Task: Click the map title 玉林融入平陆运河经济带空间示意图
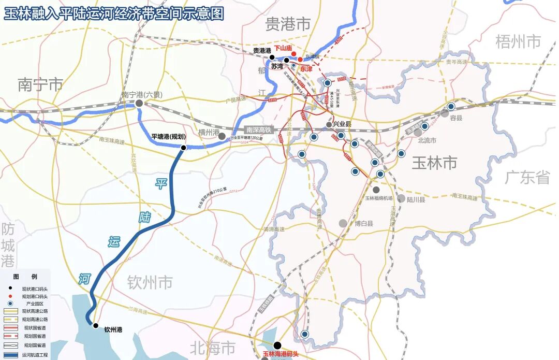(114, 13)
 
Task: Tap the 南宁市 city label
(40, 84)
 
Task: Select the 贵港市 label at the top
(288, 23)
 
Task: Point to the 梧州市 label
(518, 41)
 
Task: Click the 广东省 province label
(527, 177)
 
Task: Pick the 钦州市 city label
(150, 282)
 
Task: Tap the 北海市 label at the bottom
(213, 348)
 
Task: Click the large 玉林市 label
(434, 163)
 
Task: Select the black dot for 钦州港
(95, 325)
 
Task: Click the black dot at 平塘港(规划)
(183, 148)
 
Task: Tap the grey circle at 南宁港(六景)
(139, 104)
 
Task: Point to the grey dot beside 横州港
(222, 136)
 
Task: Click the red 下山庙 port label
(283, 49)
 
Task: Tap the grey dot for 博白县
(343, 223)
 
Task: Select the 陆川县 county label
(416, 199)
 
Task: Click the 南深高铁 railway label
(258, 130)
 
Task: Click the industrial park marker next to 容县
(451, 106)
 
